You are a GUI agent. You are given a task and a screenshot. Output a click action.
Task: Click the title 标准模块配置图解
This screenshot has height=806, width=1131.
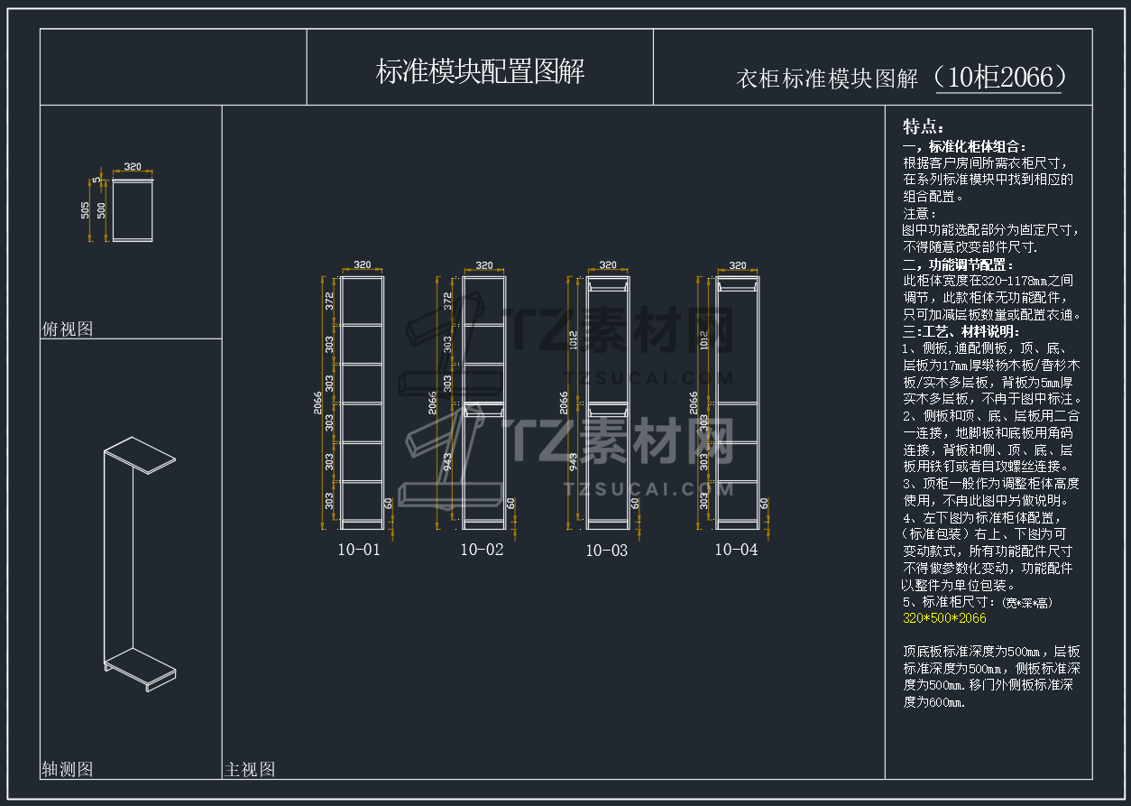coord(480,71)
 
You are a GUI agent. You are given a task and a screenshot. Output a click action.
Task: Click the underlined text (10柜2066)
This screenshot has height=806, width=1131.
coord(999,78)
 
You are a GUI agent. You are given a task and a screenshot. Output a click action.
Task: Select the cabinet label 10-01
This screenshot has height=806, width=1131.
coord(359,550)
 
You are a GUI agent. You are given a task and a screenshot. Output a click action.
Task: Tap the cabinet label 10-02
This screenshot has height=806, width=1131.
coord(482,550)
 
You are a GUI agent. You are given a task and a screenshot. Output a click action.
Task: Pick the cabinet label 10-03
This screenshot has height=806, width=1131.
coord(607,551)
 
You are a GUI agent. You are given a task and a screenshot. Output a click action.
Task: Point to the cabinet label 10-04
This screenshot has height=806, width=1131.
coord(736,550)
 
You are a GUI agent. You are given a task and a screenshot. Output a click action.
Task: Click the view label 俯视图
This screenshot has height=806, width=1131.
coord(68,329)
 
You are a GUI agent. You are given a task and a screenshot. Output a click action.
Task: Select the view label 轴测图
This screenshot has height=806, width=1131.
coord(68,769)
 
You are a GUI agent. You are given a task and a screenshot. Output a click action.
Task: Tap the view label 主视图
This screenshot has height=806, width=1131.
coord(250,770)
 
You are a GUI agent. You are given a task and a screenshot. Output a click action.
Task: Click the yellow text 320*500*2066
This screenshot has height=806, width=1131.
coord(944,618)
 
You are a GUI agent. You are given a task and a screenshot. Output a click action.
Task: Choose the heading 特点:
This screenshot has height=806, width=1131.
coord(924,126)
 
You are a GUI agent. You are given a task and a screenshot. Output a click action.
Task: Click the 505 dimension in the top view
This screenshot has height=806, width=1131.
coord(86,210)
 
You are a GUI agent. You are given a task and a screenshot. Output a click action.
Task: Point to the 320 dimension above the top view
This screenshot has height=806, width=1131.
coord(133,167)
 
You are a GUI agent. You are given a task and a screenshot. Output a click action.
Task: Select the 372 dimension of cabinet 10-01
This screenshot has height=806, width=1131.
coord(330,301)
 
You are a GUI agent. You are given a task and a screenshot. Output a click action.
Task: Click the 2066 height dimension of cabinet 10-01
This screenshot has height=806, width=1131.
coord(317,401)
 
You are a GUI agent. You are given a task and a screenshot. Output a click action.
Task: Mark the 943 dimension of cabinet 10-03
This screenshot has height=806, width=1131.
coord(575,463)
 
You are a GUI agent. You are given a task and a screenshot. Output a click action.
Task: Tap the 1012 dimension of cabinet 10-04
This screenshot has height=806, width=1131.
coord(703,339)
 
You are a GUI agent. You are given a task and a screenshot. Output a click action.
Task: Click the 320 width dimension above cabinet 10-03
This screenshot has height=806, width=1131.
coord(608,265)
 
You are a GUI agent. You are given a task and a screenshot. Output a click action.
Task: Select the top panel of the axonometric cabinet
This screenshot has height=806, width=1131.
coord(139,454)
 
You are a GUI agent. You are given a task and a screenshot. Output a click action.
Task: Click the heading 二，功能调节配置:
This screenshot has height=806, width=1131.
coord(958,264)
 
